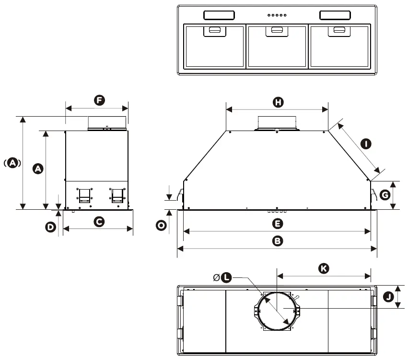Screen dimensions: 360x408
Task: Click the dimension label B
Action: click(x=277, y=241)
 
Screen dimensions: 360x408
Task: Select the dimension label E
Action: click(x=277, y=224)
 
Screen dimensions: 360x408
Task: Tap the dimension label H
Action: click(x=278, y=102)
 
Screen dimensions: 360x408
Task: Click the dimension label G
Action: click(x=385, y=195)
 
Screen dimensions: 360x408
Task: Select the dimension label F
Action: click(x=99, y=100)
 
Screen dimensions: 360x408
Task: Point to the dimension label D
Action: click(x=51, y=228)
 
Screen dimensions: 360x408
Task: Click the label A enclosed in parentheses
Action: click(x=12, y=163)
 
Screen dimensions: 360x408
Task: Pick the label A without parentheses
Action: click(x=38, y=168)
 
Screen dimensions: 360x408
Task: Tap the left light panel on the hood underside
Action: click(x=219, y=15)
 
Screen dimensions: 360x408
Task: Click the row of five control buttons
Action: click(x=277, y=15)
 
